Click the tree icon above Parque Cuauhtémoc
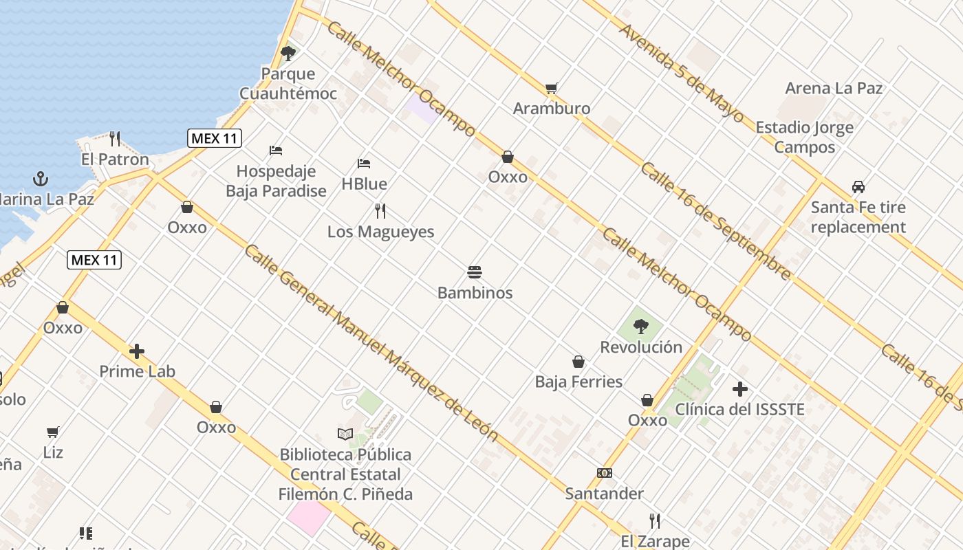click(288, 53)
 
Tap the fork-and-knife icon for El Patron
click(115, 139)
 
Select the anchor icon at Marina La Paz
click(41, 179)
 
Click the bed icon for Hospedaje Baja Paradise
click(276, 151)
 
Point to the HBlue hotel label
click(364, 184)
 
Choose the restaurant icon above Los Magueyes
click(380, 210)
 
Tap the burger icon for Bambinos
click(475, 272)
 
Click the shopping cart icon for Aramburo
click(551, 88)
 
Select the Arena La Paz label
click(834, 88)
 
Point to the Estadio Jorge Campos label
click(804, 137)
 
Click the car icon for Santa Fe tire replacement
click(858, 186)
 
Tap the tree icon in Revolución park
click(641, 327)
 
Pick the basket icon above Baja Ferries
click(578, 362)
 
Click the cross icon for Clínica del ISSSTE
click(740, 389)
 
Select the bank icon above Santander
click(605, 473)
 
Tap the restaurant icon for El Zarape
click(655, 520)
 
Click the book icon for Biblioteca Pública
click(345, 434)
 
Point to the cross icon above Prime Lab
click(137, 351)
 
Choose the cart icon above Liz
click(53, 432)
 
